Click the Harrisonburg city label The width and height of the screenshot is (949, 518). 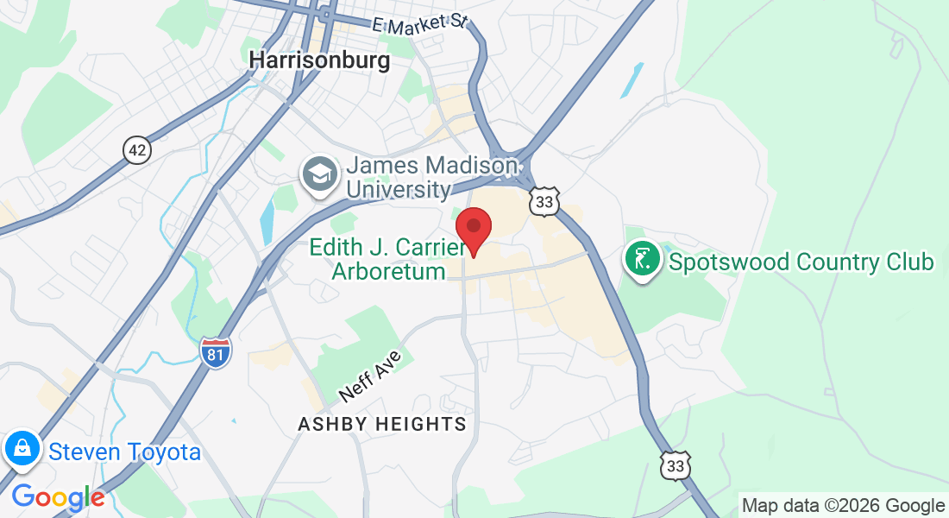(319, 60)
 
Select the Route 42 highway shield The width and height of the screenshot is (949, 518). (137, 150)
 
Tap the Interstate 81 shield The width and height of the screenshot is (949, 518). (216, 352)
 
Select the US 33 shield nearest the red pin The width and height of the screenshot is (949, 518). (545, 201)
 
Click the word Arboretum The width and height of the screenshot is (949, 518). (387, 271)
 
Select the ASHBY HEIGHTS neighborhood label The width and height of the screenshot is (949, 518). (382, 424)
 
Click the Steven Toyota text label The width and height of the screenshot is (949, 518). (124, 452)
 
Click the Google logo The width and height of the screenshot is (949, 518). (58, 497)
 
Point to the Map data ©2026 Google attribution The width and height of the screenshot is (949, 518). (843, 506)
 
